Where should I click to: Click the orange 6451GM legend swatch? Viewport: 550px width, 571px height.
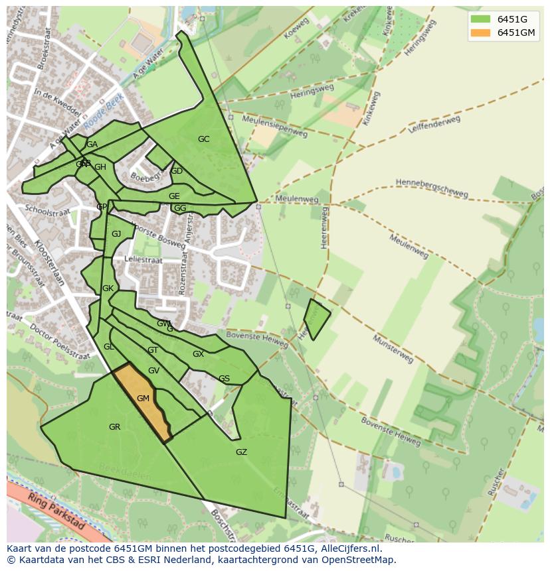coord(480,32)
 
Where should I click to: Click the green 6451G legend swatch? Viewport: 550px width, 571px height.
coord(480,19)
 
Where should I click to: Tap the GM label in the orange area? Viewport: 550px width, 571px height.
coord(143,399)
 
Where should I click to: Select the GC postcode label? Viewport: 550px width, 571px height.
coord(203,139)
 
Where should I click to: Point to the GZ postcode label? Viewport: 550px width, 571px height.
coord(241,452)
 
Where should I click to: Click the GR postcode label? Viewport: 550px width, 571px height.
coord(114,427)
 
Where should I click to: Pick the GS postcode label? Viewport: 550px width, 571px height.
coord(224,379)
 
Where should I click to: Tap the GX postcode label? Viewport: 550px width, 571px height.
coord(198,354)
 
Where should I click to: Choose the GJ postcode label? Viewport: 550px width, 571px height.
coord(116,234)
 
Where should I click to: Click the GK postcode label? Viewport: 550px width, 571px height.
coord(108,288)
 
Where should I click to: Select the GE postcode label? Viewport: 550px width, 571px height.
coord(174,196)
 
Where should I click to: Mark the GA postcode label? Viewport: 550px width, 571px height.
coord(92,145)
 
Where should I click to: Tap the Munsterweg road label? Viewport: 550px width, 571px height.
coord(393,349)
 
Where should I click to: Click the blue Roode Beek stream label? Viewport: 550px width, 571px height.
coord(104,111)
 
